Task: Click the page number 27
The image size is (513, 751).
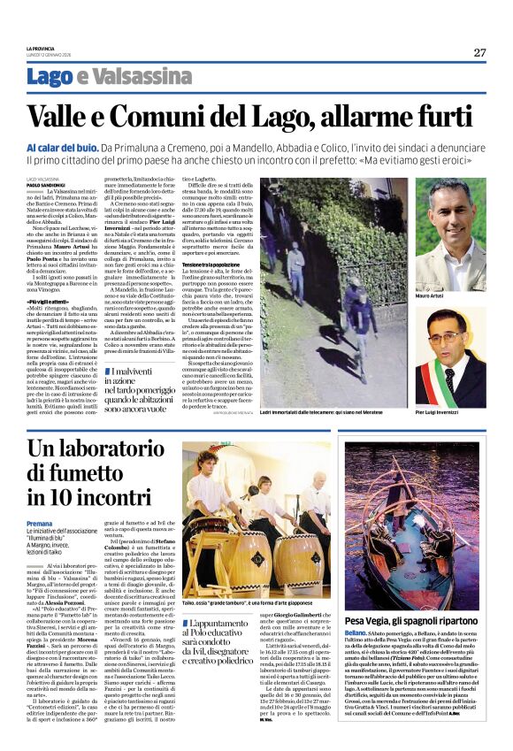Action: pyautogui.click(x=479, y=52)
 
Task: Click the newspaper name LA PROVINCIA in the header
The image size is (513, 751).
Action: pyautogui.click(x=41, y=50)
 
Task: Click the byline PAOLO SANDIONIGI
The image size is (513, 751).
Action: pyautogui.click(x=44, y=184)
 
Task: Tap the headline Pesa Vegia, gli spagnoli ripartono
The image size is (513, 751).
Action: pyautogui.click(x=410, y=621)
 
